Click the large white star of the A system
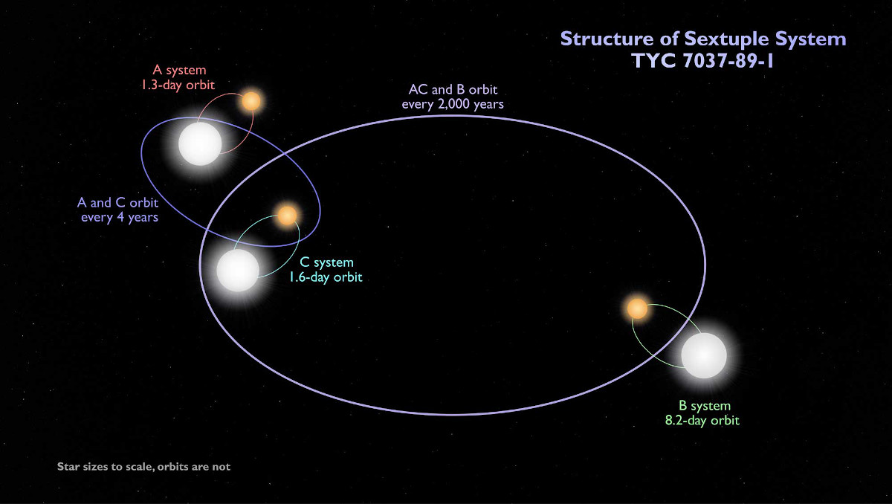200,143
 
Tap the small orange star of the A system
251,101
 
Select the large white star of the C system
239,270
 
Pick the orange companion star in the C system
287,216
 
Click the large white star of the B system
703,355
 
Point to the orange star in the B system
636,308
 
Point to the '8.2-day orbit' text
702,421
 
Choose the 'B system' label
702,406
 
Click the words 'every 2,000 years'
453,105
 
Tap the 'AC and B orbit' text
453,90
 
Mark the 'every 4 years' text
119,218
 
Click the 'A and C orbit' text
119,203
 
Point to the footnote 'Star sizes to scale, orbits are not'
143,467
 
